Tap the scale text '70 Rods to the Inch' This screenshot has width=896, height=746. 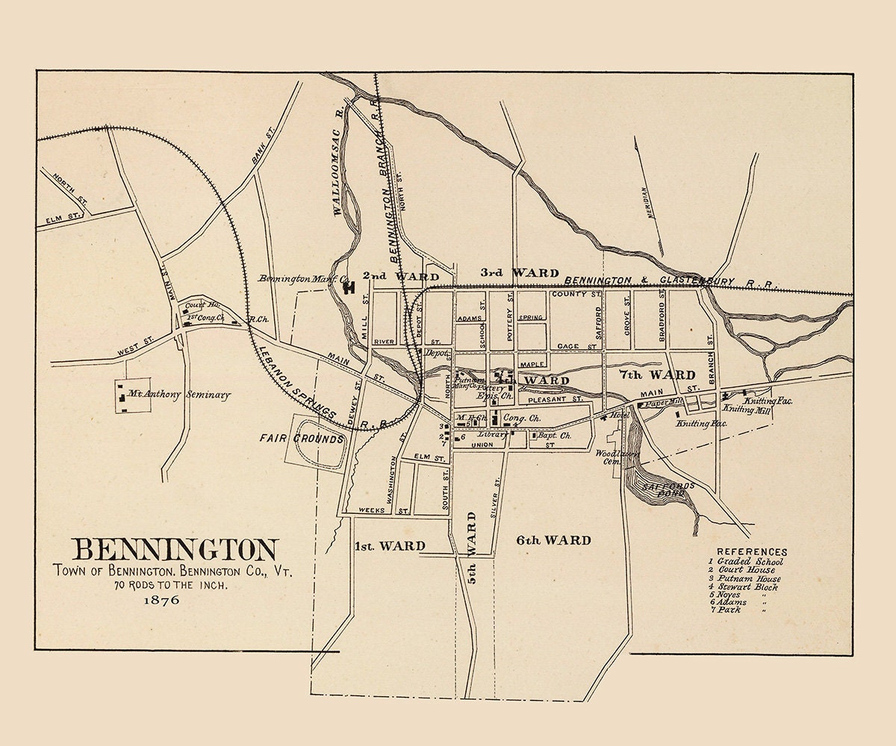[171, 586]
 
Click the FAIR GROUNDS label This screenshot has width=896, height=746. [302, 439]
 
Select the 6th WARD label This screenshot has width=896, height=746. [553, 540]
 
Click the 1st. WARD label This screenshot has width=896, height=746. [390, 545]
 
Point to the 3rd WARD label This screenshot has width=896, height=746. [520, 273]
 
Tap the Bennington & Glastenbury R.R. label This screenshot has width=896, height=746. [672, 281]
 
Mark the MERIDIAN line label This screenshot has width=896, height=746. [647, 201]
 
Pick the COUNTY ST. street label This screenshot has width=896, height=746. [576, 295]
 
